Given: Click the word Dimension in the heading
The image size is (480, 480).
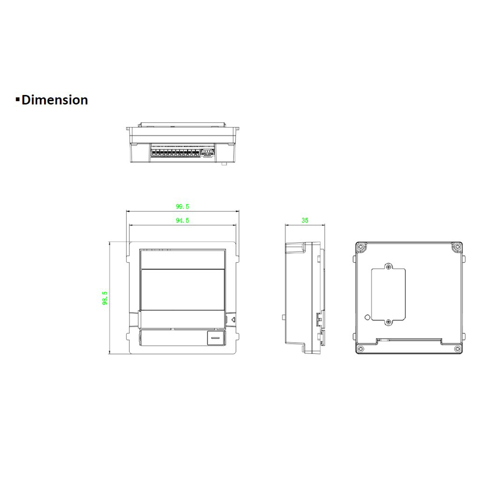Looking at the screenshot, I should (55, 100).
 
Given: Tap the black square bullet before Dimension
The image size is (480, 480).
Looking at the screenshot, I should (18, 100).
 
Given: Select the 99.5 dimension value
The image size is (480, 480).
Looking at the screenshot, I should (182, 207).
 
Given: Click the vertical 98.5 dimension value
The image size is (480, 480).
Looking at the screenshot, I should (105, 298).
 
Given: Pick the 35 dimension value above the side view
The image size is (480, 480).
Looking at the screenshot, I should (305, 221).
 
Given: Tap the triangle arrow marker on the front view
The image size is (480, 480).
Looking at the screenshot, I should (232, 319).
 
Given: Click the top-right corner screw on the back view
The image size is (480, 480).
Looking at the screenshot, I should (456, 248).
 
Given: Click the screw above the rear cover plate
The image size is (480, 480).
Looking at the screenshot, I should (389, 266).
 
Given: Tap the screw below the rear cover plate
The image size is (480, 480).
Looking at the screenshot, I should (389, 321).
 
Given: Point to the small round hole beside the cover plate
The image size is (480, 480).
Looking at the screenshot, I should (368, 317).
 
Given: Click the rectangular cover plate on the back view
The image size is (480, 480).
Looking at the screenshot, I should (389, 293).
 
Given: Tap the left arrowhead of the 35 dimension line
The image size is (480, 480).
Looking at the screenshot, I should (287, 225).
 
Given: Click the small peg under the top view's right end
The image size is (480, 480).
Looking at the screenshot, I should (224, 164).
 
